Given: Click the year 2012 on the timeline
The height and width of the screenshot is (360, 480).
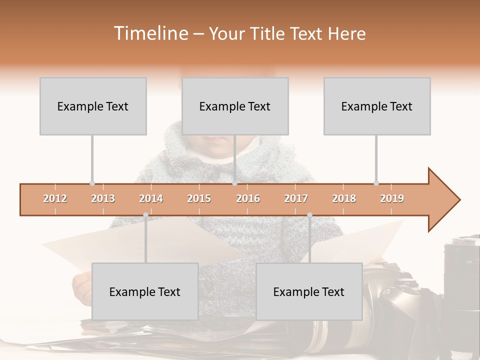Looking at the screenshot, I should (55, 198).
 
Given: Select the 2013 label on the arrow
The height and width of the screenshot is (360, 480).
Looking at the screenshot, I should (103, 198).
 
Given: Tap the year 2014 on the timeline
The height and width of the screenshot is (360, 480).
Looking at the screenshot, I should (151, 198).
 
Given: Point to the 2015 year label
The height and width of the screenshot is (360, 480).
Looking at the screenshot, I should (199, 198).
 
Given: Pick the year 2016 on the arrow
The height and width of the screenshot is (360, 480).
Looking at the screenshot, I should (248, 198).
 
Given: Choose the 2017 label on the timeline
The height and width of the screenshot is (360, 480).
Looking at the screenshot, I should (296, 198).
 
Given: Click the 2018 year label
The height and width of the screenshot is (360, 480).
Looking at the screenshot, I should (344, 198).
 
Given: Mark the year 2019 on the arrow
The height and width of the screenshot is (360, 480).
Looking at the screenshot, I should (392, 198).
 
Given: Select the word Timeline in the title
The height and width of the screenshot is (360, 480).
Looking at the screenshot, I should (150, 33).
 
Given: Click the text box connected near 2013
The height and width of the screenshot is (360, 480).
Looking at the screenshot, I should (93, 106).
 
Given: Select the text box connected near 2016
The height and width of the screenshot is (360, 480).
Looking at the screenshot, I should (235, 106).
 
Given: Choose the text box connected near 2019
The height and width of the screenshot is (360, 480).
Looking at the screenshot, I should (377, 106).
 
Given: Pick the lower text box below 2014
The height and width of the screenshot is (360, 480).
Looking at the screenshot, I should (145, 291).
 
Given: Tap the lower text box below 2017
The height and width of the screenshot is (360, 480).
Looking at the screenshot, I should (309, 291).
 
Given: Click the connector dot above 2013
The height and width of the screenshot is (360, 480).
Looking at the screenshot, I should (92, 183).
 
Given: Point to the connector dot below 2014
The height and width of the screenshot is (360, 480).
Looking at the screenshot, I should (145, 215).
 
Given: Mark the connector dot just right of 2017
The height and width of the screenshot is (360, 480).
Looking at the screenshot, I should (309, 215).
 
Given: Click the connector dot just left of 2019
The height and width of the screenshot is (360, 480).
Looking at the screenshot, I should (376, 183).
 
